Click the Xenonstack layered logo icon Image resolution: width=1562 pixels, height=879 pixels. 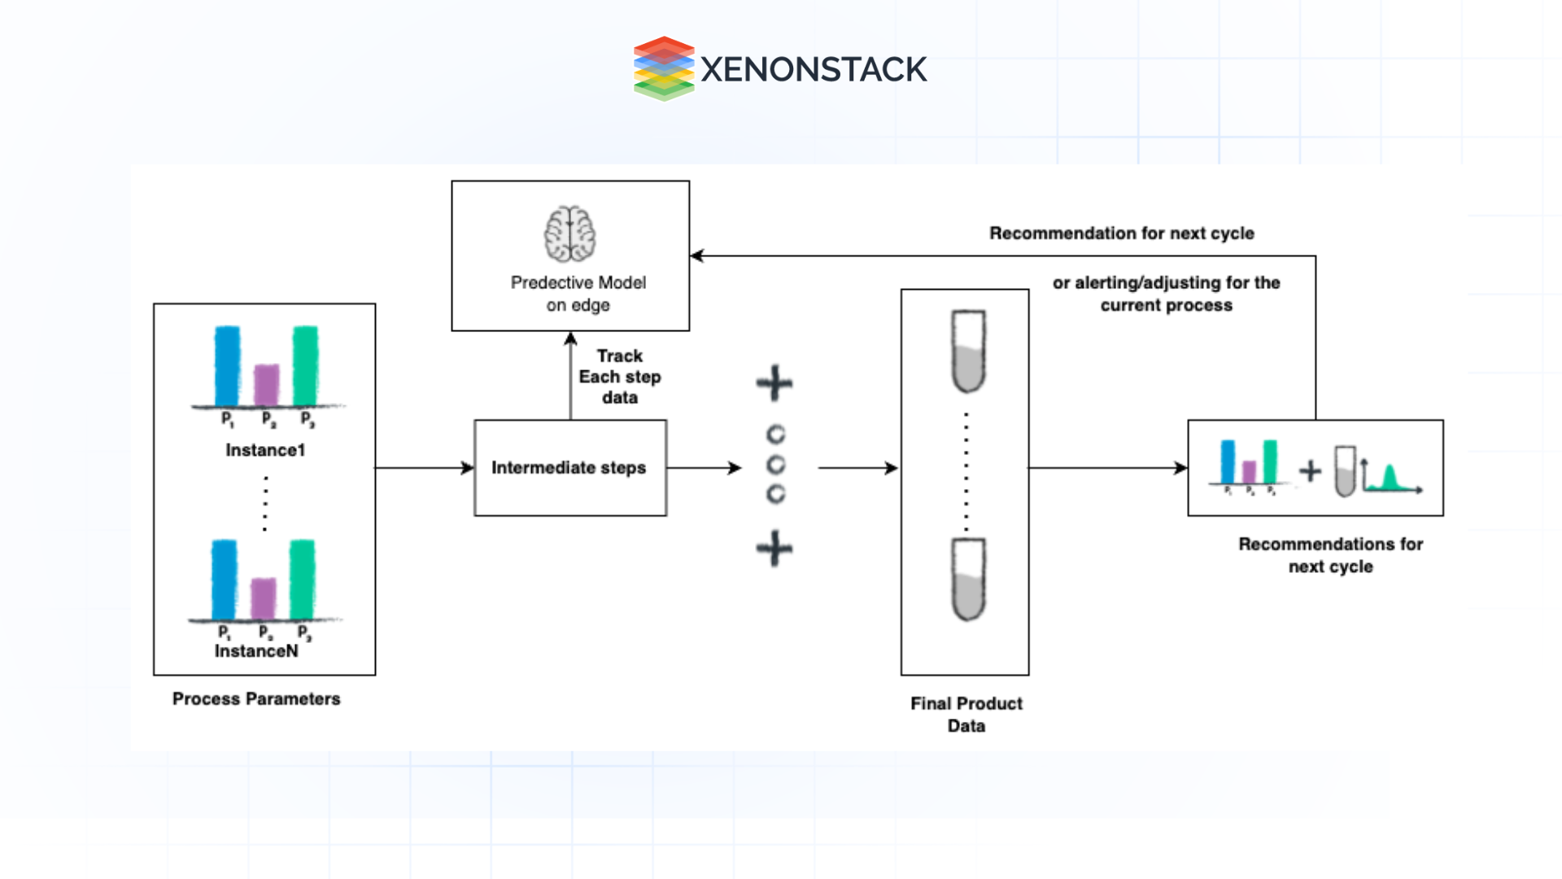pyautogui.click(x=664, y=68)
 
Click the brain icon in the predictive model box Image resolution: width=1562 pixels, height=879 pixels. pyautogui.click(x=569, y=234)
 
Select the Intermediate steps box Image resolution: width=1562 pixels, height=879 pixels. pyautogui.click(x=569, y=467)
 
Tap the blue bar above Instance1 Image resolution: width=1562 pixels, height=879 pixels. pyautogui.click(x=227, y=365)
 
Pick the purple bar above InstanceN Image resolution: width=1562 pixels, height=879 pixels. pyautogui.click(x=263, y=598)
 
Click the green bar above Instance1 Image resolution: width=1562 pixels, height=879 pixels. pyautogui.click(x=305, y=365)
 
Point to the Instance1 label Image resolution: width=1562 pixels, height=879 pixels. pyautogui.click(x=265, y=450)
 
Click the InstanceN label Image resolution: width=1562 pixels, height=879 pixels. pyautogui.click(x=256, y=651)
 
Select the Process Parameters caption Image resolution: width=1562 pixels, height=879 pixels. pyautogui.click(x=256, y=698)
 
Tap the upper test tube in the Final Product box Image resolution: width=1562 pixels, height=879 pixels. pyautogui.click(x=968, y=350)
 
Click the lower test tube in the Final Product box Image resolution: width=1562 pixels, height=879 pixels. pyautogui.click(x=968, y=579)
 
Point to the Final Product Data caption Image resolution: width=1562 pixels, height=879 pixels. pyautogui.click(x=966, y=714)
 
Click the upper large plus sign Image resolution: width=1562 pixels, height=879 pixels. pyautogui.click(x=774, y=383)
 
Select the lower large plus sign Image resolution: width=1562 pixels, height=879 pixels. pyautogui.click(x=774, y=548)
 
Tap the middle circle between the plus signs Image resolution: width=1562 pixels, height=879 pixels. pyautogui.click(x=776, y=465)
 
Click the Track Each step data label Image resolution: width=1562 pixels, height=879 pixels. pyautogui.click(x=619, y=376)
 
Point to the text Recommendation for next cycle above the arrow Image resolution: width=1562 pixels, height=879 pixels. pyautogui.click(x=1121, y=233)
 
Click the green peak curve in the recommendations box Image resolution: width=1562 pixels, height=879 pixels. pyautogui.click(x=1390, y=478)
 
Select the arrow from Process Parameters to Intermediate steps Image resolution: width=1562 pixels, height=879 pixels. pyautogui.click(x=423, y=467)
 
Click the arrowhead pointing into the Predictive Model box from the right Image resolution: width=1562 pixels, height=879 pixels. pyautogui.click(x=696, y=256)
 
